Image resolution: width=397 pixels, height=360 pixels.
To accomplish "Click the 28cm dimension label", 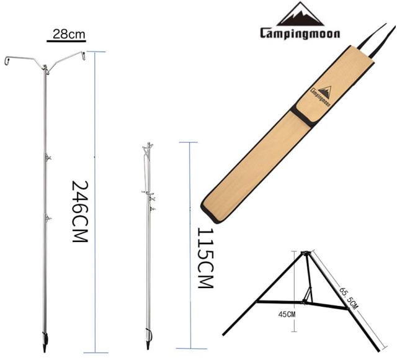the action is click(x=69, y=34).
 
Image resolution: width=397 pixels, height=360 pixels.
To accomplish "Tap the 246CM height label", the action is click(x=80, y=211).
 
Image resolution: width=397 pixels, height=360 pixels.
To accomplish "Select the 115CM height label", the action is click(x=205, y=258).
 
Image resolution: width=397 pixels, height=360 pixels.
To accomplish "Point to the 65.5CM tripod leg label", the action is click(x=349, y=298).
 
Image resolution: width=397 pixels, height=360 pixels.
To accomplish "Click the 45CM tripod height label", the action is click(x=287, y=315).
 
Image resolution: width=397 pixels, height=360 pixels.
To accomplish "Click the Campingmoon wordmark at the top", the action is click(x=300, y=33).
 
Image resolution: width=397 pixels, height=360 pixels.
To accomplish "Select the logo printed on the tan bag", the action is click(x=321, y=96).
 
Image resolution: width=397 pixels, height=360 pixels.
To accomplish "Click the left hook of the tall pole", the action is click(x=7, y=61).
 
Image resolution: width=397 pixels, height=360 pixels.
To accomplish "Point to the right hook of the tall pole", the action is click(x=83, y=55).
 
